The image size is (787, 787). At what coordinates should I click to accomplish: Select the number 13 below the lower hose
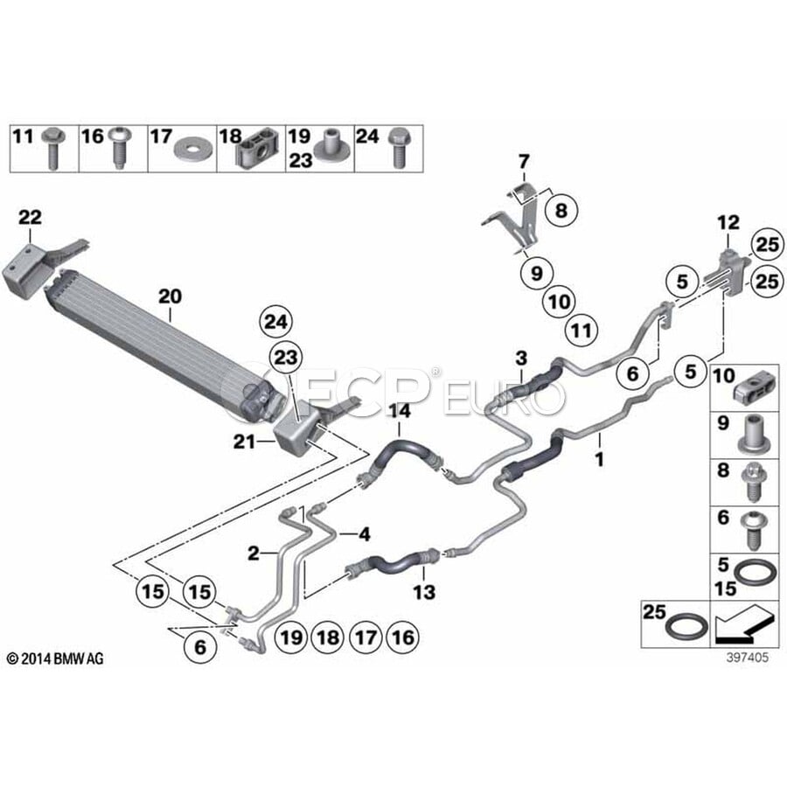click(424, 593)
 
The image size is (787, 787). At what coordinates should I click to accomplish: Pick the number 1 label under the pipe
click(600, 457)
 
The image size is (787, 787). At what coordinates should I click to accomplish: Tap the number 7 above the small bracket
click(524, 161)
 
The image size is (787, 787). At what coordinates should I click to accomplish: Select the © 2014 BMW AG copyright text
click(54, 658)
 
